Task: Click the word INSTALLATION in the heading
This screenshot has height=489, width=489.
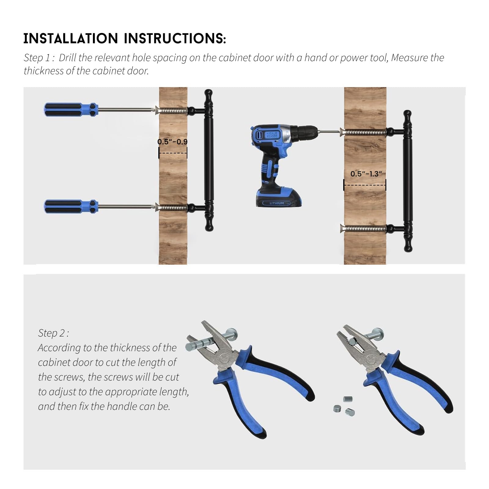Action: point(71,39)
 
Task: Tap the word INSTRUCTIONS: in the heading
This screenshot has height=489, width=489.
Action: point(175,39)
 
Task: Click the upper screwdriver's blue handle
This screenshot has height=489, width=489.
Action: point(71,109)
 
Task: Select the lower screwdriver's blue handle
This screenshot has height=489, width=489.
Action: point(71,207)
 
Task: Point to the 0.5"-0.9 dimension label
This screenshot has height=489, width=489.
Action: point(172,142)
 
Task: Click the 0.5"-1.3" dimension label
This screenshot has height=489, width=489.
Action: point(366,174)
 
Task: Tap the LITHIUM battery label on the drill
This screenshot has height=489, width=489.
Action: point(277,203)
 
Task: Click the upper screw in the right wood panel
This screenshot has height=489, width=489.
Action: point(363,132)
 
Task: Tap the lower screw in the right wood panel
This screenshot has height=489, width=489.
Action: point(363,228)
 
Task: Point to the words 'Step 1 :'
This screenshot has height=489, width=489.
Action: point(39,58)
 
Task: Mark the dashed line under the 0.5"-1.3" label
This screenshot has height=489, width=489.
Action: point(365,185)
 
